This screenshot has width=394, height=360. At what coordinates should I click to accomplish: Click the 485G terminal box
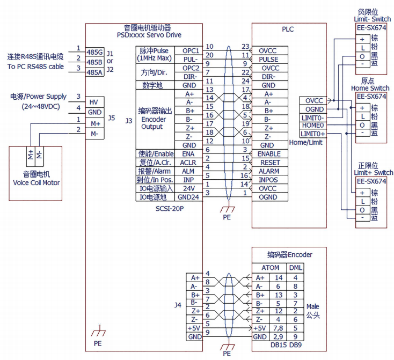click(x=95, y=52)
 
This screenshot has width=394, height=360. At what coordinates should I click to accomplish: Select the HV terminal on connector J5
click(x=94, y=102)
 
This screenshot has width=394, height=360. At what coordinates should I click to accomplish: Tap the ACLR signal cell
click(x=188, y=162)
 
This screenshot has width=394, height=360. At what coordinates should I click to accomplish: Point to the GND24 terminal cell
click(x=188, y=197)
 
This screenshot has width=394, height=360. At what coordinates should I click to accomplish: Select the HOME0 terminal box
click(x=312, y=125)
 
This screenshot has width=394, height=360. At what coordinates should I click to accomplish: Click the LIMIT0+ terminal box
click(x=312, y=134)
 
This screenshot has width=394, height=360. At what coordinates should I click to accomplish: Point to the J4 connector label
click(x=178, y=305)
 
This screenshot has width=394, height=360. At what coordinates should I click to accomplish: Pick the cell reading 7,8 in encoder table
click(x=279, y=328)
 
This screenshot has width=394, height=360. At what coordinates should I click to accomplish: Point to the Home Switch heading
click(x=370, y=88)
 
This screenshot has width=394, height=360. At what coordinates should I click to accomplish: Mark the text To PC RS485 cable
click(x=35, y=67)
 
